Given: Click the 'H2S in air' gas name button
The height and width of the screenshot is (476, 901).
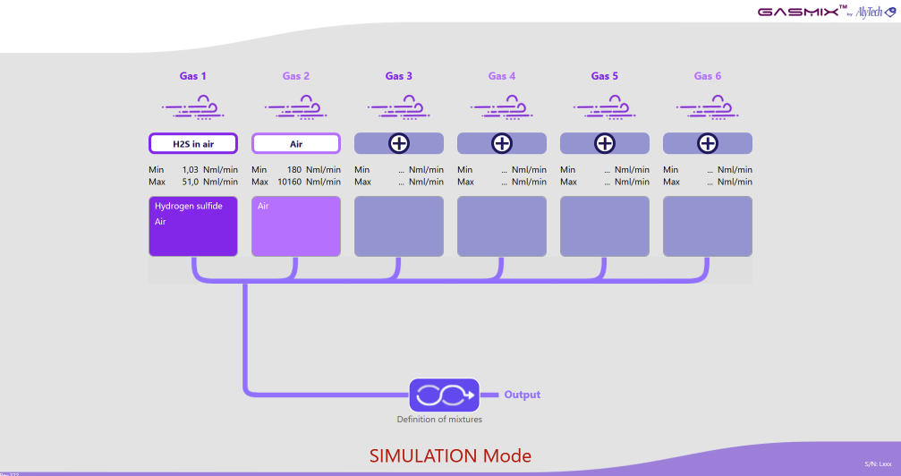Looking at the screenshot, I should click(x=192, y=143).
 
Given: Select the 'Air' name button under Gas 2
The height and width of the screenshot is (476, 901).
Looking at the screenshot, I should click(x=295, y=143).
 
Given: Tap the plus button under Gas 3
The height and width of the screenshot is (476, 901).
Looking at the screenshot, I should click(x=399, y=143).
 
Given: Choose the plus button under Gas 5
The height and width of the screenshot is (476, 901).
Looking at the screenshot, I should click(x=605, y=143).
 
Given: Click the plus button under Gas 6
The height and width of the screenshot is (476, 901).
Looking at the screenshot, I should click(x=708, y=143).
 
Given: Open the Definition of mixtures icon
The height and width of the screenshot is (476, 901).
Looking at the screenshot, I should click(x=439, y=395).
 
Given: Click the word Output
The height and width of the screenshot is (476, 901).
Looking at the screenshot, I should click(x=523, y=395).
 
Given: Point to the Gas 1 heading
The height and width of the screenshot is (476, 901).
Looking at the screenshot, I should click(x=192, y=76).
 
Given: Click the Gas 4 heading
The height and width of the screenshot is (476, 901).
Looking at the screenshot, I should click(x=502, y=76).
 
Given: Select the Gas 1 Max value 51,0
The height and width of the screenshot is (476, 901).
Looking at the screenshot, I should click(x=189, y=182).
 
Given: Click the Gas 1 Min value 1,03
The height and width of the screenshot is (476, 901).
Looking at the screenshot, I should click(x=189, y=169).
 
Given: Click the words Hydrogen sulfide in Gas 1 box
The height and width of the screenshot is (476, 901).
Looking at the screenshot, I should click(x=188, y=206).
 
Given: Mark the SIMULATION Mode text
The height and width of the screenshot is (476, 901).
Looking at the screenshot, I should click(x=450, y=455).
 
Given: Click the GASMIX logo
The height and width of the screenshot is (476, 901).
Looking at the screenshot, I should click(x=798, y=12).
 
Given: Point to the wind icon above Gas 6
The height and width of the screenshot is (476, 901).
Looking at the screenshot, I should click(x=707, y=109).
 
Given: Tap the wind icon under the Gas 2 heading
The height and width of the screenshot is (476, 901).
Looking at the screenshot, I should click(x=295, y=109).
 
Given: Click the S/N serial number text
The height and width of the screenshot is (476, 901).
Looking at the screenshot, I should click(x=879, y=464).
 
